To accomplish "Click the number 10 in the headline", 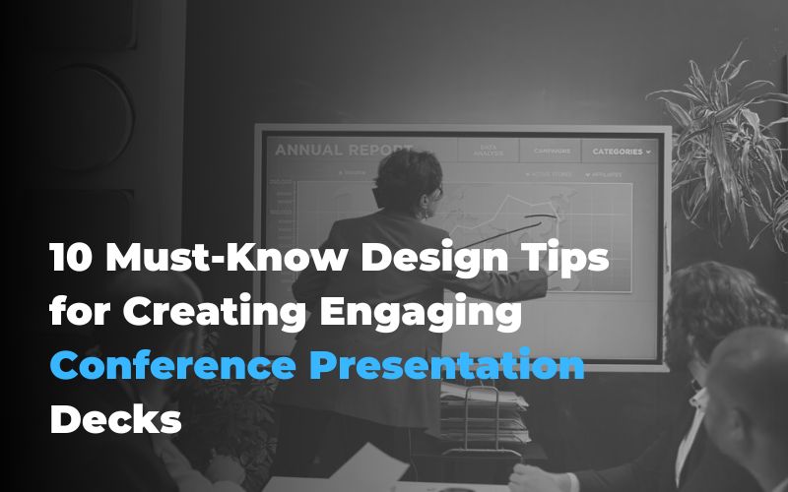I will pyautogui.click(x=70, y=260).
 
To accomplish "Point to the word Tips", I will pyautogui.click(x=568, y=260).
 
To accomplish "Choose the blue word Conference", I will pyautogui.click(x=171, y=366).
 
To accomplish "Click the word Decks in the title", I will pyautogui.click(x=116, y=419).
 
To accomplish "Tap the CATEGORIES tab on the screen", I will pyautogui.click(x=617, y=152).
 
